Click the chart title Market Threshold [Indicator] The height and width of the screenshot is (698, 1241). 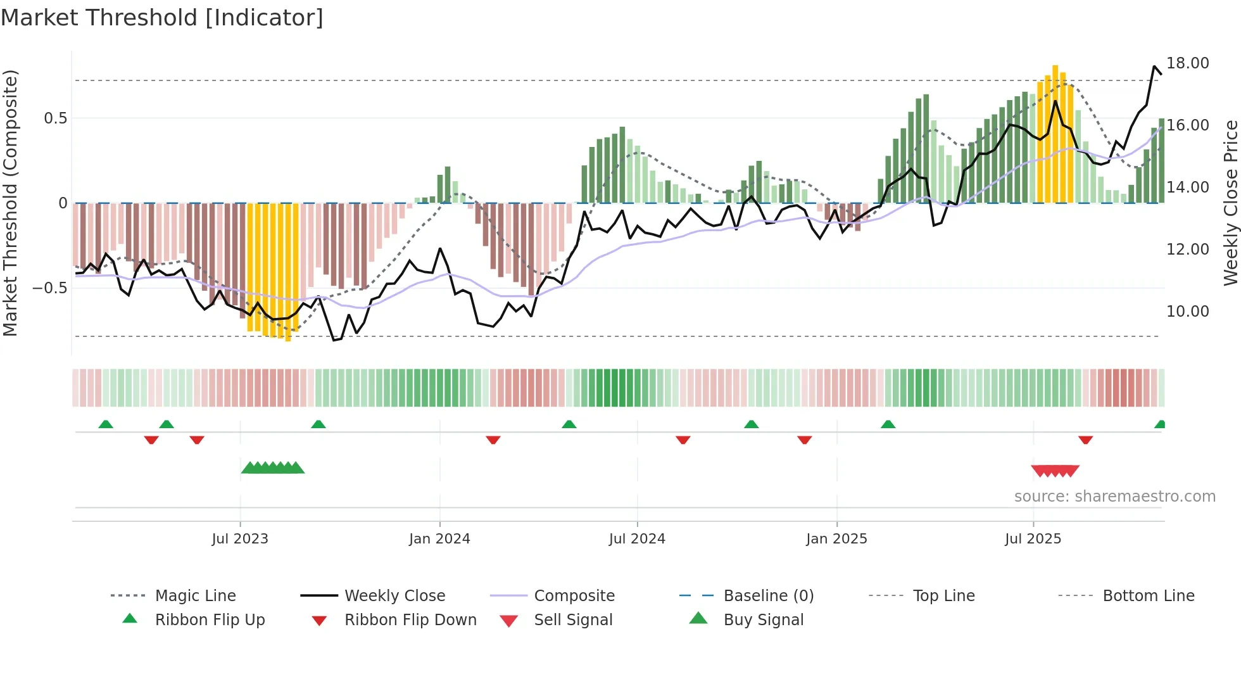coord(162,18)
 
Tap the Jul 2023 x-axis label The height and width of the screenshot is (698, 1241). coord(240,539)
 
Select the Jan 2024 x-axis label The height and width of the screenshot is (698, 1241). coord(439,539)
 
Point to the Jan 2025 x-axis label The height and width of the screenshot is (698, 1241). coord(836,539)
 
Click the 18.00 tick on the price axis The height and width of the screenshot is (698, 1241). coord(1187,63)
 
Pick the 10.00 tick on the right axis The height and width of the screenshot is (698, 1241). coord(1187,312)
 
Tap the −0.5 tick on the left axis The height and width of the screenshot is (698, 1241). coord(50,288)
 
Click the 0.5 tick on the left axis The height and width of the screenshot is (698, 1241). coord(55,118)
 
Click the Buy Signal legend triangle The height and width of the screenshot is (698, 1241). coord(698,618)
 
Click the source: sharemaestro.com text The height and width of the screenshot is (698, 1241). coord(1114,497)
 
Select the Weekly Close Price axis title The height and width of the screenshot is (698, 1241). coord(1230,203)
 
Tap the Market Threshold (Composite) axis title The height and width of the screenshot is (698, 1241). coord(10,203)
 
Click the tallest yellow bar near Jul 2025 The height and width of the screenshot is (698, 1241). coord(1055,133)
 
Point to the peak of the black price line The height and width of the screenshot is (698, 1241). coord(1154,66)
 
